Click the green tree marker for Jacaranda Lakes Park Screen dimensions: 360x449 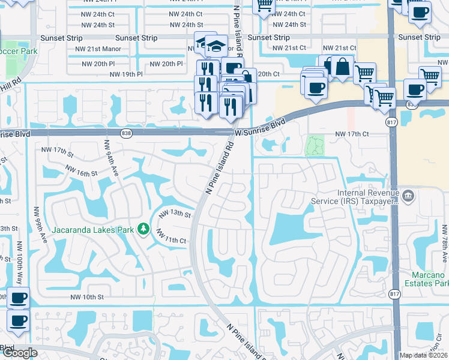point(143,229)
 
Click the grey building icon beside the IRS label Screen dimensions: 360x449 point(408,195)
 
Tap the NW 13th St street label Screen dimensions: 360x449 point(174,214)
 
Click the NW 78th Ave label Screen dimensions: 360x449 point(444,242)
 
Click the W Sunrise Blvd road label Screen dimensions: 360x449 point(260,126)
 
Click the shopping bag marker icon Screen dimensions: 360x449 point(342,67)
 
